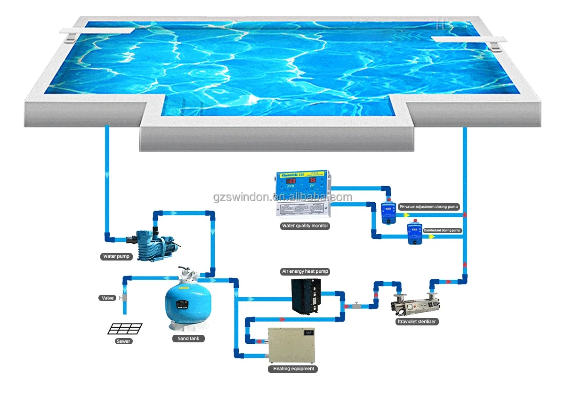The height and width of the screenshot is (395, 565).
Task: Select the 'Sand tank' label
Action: pyautogui.click(x=188, y=338)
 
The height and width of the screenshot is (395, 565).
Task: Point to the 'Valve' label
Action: pyautogui.click(x=108, y=298)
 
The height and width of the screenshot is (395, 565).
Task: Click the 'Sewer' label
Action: pyautogui.click(x=124, y=341)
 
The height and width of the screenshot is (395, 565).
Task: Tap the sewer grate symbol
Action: pyautogui.click(x=125, y=328)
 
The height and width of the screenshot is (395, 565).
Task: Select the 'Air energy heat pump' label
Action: pyautogui.click(x=305, y=271)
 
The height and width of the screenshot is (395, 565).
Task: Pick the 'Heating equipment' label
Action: pyautogui.click(x=293, y=369)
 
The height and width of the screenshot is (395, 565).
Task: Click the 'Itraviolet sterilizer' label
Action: pyautogui.click(x=416, y=322)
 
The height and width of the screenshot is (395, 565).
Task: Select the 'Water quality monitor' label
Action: pyautogui.click(x=305, y=226)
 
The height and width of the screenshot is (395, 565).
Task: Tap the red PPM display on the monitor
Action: pyautogui.click(x=292, y=181)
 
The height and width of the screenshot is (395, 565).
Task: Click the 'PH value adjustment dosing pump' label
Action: pyautogui.click(x=428, y=206)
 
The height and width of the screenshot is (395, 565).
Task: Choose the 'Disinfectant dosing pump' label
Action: pyautogui.click(x=442, y=230)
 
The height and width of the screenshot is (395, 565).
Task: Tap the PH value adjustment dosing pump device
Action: pyautogui.click(x=387, y=212)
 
